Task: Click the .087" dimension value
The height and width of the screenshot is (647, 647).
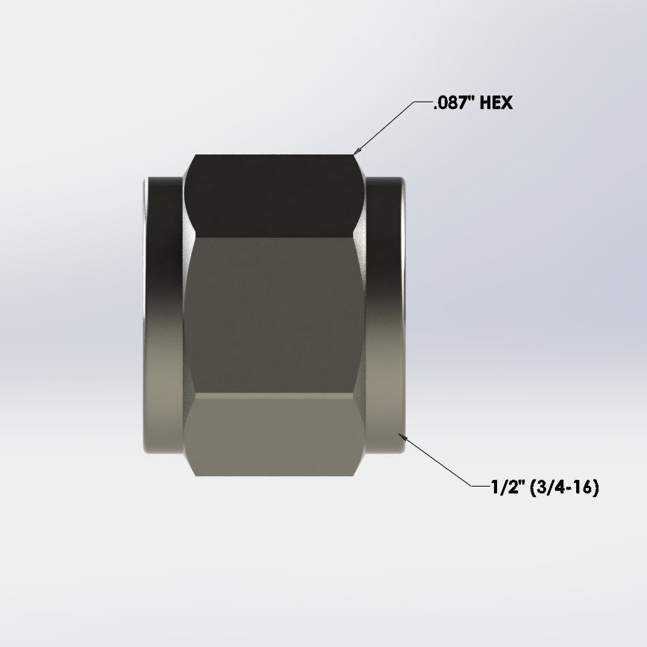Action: pyautogui.click(x=453, y=103)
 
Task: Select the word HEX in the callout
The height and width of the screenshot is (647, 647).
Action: pyautogui.click(x=496, y=103)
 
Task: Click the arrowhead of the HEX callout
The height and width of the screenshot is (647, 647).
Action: pyautogui.click(x=356, y=152)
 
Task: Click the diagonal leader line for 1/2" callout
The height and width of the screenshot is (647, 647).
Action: pyautogui.click(x=440, y=462)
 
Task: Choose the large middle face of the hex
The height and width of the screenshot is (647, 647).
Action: pyautogui.click(x=274, y=317)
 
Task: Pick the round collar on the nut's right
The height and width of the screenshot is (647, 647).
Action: pyautogui.click(x=386, y=313)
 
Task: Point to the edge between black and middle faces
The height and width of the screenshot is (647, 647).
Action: pyautogui.click(x=274, y=237)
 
